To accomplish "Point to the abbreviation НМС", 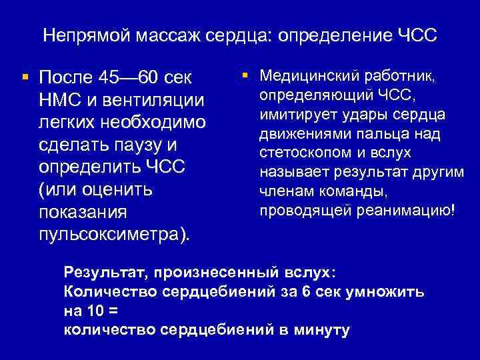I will click(61, 100).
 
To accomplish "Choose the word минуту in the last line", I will click(320, 330).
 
